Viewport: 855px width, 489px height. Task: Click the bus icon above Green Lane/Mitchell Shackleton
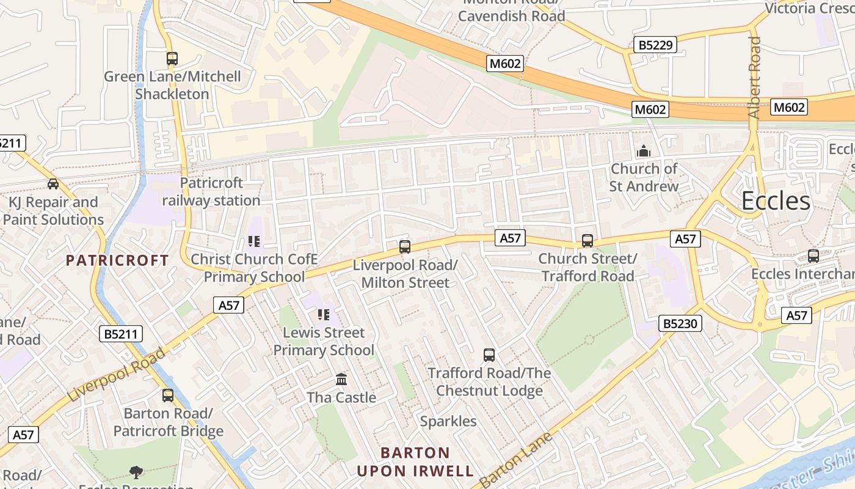172,59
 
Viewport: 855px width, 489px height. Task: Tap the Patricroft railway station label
211,191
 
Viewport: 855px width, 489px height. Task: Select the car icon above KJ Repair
53,184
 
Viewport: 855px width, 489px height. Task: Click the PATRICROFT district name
117,260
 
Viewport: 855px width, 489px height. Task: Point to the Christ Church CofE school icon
254,242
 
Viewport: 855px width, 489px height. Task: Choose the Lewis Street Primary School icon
323,315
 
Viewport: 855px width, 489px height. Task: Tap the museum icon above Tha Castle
341,380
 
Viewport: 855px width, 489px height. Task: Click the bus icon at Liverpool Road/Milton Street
404,247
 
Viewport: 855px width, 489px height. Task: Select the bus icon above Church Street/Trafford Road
588,241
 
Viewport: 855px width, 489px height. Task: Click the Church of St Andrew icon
643,151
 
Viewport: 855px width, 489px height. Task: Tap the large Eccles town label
776,201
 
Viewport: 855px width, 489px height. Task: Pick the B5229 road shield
655,45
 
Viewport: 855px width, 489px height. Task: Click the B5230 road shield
680,323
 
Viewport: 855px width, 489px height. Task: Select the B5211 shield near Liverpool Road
121,334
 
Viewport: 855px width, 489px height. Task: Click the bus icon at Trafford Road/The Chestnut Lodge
489,355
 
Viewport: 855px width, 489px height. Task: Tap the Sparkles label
448,421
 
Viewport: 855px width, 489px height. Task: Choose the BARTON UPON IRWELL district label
415,462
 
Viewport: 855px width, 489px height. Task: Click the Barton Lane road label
516,460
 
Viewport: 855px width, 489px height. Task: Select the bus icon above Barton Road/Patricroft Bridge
168,395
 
